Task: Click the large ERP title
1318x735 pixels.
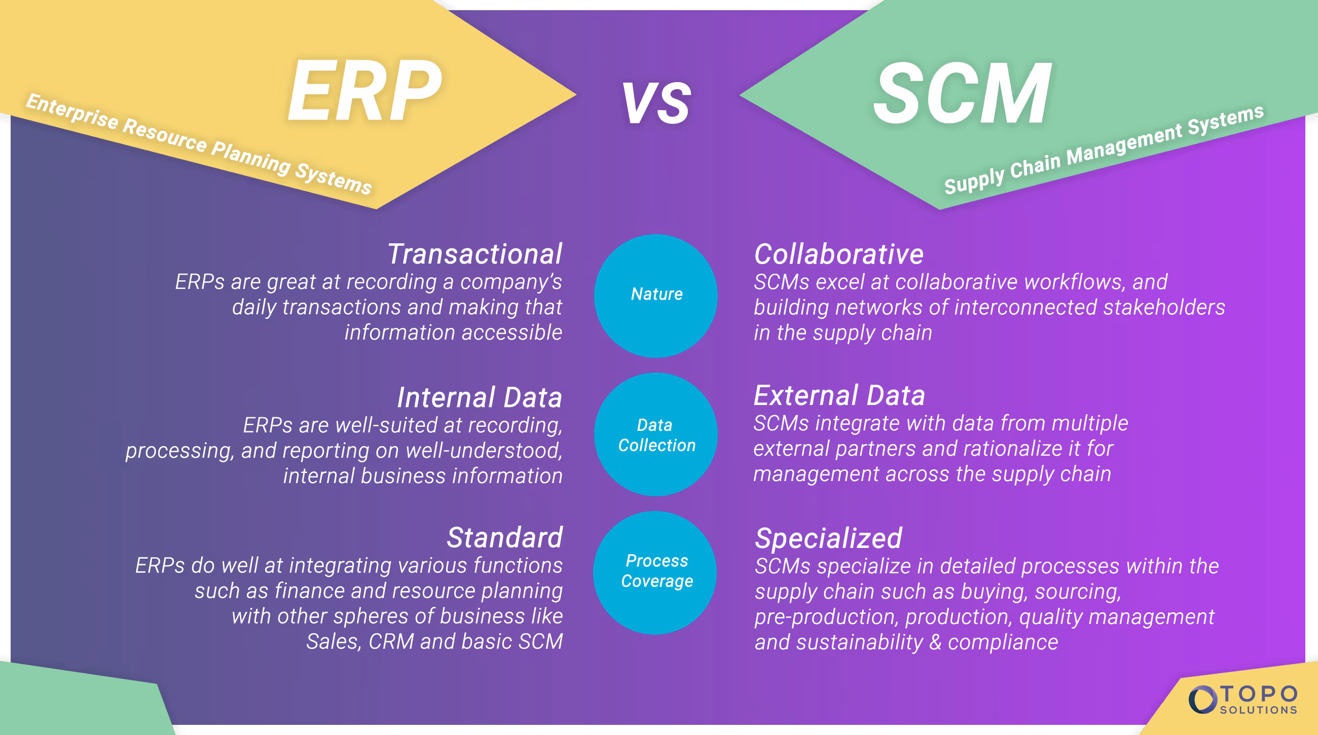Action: coord(364,91)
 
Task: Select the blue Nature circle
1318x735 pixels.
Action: coord(656,295)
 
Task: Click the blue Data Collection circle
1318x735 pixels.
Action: coord(656,434)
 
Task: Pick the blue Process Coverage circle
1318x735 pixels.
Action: coord(655,572)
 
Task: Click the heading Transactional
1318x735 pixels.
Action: coord(474,254)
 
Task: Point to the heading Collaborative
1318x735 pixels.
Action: coord(838,254)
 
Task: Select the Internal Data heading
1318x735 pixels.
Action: coord(480,397)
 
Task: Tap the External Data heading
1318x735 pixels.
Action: coord(839,395)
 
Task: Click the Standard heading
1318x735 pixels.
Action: coord(504,538)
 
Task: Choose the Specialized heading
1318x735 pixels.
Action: coord(828,538)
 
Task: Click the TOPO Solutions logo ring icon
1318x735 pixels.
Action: coord(1202,700)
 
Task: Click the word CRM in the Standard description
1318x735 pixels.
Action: coord(391,641)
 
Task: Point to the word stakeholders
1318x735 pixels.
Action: coord(1164,307)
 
